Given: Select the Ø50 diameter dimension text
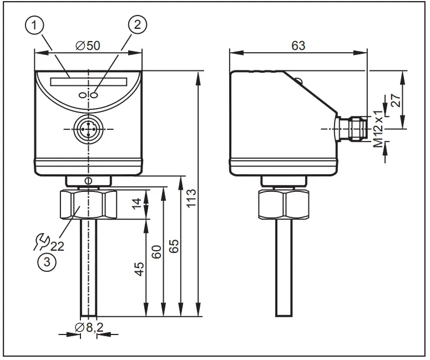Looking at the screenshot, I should [88, 45].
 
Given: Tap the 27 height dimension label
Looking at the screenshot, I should [411, 100].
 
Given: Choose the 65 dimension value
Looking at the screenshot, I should [174, 246].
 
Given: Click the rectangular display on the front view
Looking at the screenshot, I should [88, 81].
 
